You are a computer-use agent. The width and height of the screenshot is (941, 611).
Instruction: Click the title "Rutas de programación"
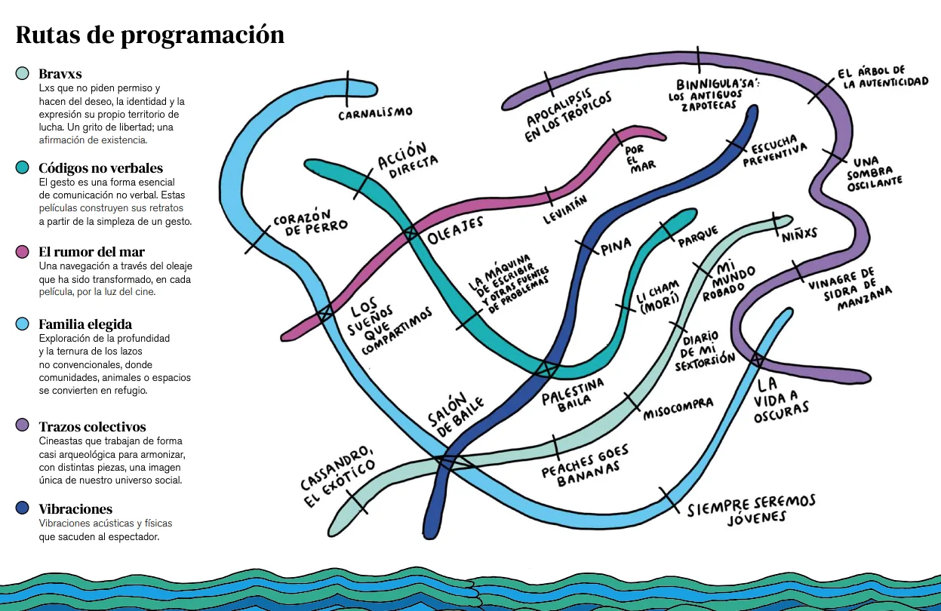(x=150, y=35)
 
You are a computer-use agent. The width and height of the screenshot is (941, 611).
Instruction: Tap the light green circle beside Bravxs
(x=23, y=74)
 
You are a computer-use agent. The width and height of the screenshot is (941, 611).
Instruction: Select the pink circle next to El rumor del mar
(x=23, y=252)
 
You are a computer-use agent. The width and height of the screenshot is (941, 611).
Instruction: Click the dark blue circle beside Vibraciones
(x=23, y=508)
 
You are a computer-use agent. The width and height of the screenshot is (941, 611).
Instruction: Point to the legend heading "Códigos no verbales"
(x=100, y=167)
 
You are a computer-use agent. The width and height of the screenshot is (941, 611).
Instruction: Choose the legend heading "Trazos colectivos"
(x=92, y=427)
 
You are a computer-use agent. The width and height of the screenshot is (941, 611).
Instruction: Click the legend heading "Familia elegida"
(x=85, y=324)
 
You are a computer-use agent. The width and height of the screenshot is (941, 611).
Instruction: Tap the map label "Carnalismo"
(x=375, y=113)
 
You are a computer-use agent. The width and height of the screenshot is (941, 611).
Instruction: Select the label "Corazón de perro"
(x=310, y=220)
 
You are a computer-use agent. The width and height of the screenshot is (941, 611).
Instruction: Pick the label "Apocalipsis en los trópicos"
(x=567, y=117)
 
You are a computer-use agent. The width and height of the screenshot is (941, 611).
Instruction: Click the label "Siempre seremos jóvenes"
(x=751, y=509)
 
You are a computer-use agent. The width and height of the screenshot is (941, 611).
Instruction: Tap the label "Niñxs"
(x=800, y=233)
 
